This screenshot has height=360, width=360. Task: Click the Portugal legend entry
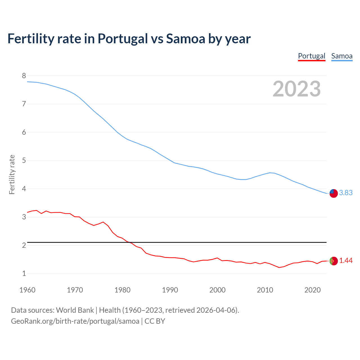click(x=312, y=56)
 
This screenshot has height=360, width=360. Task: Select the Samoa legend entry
click(x=342, y=56)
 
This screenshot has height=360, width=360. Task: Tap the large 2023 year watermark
click(x=297, y=89)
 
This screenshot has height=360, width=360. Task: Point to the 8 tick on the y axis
click(x=24, y=76)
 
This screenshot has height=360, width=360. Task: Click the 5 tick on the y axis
click(x=24, y=161)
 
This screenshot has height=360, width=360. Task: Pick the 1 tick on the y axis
click(x=24, y=274)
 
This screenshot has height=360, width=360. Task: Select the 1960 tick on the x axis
click(x=27, y=290)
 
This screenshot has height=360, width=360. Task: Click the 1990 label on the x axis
click(x=170, y=290)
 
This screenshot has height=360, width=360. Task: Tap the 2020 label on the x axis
click(x=312, y=290)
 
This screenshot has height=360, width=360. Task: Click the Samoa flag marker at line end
click(x=334, y=193)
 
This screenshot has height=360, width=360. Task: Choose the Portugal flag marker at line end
click(x=334, y=261)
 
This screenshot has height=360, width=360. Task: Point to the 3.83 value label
click(x=346, y=193)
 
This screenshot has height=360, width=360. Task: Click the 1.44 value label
click(x=346, y=261)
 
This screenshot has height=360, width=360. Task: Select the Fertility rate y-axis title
click(x=12, y=174)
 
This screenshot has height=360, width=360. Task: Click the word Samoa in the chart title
click(x=186, y=39)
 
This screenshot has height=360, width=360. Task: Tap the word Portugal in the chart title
click(x=123, y=39)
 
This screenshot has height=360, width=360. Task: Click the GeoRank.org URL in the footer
click(x=75, y=321)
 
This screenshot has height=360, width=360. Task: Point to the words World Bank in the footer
click(x=75, y=310)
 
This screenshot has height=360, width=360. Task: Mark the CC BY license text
click(x=155, y=321)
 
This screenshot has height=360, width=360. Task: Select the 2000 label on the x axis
click(x=217, y=290)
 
